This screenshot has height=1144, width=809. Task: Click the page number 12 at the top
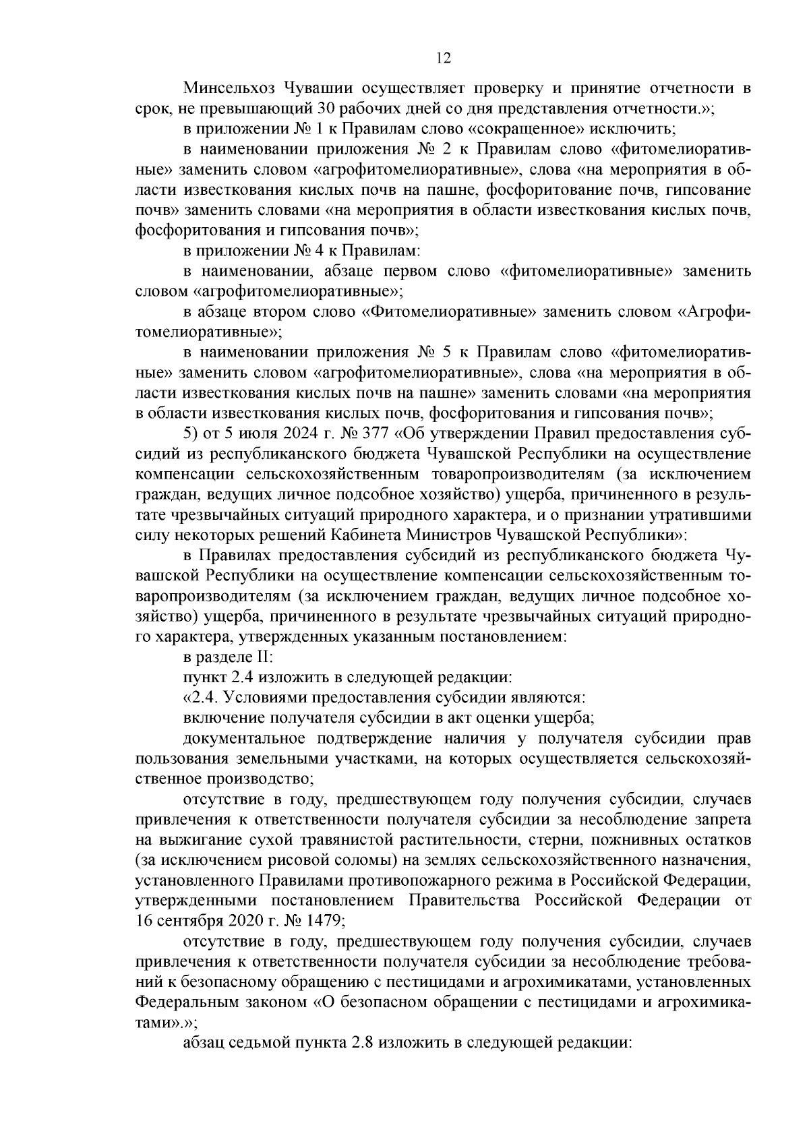coord(443,58)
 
